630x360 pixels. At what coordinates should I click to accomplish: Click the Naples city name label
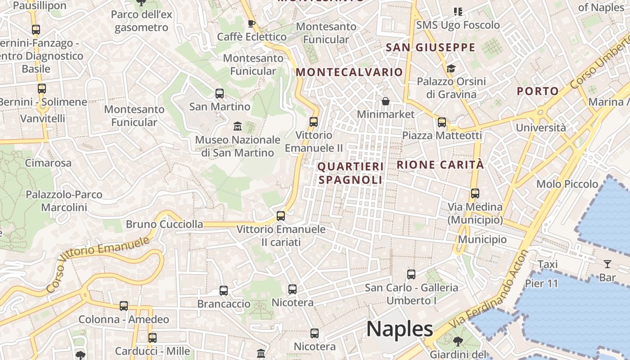coord(400,329)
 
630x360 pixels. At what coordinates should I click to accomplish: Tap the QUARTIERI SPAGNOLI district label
coord(351,173)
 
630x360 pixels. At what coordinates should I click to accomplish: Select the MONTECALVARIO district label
coord(349,72)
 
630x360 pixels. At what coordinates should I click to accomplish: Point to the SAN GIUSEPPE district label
coord(431,47)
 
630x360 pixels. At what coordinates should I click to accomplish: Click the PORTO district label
coord(538,91)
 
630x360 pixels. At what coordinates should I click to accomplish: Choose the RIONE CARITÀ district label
coord(440,165)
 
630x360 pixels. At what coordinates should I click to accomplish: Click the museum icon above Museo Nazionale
coord(238,126)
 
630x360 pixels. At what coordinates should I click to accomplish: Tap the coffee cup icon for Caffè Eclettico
coord(252,23)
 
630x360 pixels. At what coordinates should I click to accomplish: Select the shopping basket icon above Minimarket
coord(386,101)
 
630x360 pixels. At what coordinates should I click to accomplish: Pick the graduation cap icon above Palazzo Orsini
coord(451,68)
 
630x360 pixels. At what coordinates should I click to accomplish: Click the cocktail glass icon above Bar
coord(607,264)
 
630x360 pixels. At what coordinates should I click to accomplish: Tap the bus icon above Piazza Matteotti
coord(442,122)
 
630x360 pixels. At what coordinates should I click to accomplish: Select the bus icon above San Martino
coord(220,94)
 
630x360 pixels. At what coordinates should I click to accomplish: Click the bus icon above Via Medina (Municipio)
coord(475,193)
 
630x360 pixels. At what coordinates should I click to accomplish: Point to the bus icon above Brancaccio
coord(224,291)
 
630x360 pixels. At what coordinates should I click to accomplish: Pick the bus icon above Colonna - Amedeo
coord(124,306)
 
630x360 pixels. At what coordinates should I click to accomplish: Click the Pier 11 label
coord(541,284)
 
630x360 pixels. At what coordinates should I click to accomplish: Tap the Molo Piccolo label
coord(567,184)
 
